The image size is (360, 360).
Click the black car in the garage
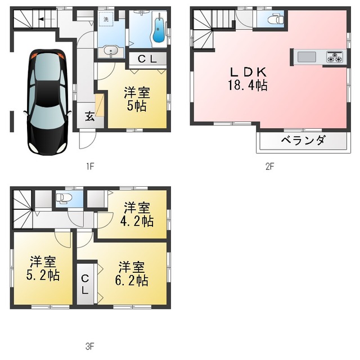coord(47,102)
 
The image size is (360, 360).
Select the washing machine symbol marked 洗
coord(106,19)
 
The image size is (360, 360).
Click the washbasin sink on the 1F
coord(111,51)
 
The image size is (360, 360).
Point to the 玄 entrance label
coord(90,116)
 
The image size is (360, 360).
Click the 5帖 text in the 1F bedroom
coord(137,106)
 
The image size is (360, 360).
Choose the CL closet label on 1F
coord(147,59)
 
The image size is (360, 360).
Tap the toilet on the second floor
coord(276,19)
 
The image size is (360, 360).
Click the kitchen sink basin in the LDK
coord(307,57)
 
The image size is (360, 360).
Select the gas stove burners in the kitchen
coord(335,57)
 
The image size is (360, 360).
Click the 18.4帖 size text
coord(247,85)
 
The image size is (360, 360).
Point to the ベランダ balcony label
coord(304,140)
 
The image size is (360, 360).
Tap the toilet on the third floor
coord(64,198)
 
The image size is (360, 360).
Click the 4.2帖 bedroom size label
coord(137,221)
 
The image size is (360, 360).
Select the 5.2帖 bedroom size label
coord(43,275)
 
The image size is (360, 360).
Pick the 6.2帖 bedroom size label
coord(132,280)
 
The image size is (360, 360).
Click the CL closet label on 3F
coord(85,285)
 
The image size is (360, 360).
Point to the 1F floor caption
coord(90,166)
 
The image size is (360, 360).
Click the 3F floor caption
coord(90,346)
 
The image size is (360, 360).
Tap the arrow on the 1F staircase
coord(47,19)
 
